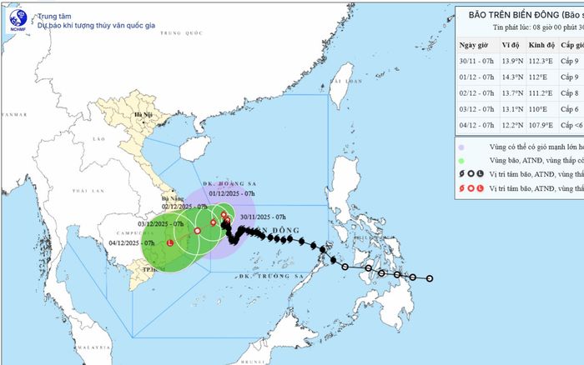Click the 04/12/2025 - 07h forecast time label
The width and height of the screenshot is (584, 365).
coord(133,242)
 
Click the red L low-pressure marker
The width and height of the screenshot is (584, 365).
coord(171,243)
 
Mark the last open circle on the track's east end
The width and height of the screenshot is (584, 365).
coord(430,278)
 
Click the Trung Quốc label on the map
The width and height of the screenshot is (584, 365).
coord(183,33)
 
